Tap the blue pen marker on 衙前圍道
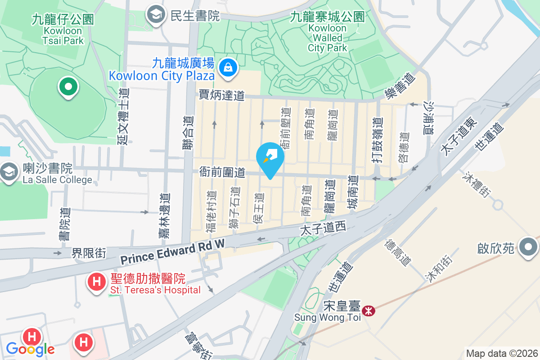[270, 157]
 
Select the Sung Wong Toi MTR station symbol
[369, 311]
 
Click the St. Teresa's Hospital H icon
[96, 282]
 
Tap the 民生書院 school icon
[156, 15]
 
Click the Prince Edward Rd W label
[172, 253]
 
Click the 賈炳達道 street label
[222, 95]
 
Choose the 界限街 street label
[89, 253]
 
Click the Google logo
[30, 349]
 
